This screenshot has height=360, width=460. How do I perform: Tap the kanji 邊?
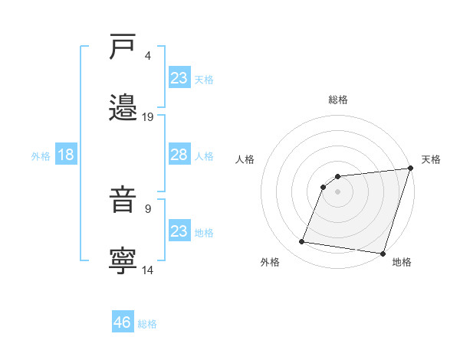click(x=123, y=107)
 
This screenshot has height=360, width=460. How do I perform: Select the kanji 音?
click(x=123, y=201)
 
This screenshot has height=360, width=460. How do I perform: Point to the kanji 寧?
click(x=123, y=261)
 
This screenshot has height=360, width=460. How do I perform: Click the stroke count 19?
click(x=148, y=117)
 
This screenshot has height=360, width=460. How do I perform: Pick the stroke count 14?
click(x=148, y=270)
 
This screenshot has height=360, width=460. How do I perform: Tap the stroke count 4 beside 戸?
click(x=148, y=56)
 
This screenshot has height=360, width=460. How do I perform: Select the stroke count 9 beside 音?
click(x=148, y=208)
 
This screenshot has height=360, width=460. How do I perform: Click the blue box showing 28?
click(x=179, y=155)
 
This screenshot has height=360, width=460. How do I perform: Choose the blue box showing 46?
click(x=123, y=322)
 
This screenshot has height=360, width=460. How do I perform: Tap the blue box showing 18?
click(x=66, y=155)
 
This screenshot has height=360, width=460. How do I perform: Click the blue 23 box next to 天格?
click(x=179, y=78)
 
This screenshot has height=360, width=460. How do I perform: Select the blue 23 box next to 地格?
click(x=179, y=231)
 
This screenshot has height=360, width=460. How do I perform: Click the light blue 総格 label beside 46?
click(x=147, y=324)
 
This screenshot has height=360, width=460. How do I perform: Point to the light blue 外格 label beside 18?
click(x=41, y=156)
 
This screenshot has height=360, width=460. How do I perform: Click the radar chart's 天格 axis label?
click(x=431, y=159)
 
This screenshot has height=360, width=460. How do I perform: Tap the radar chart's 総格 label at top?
click(x=338, y=100)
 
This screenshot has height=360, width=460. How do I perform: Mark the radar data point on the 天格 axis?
click(x=410, y=169)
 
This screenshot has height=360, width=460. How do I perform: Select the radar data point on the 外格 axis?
click(x=302, y=242)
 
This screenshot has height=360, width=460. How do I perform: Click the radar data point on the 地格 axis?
click(x=382, y=253)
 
